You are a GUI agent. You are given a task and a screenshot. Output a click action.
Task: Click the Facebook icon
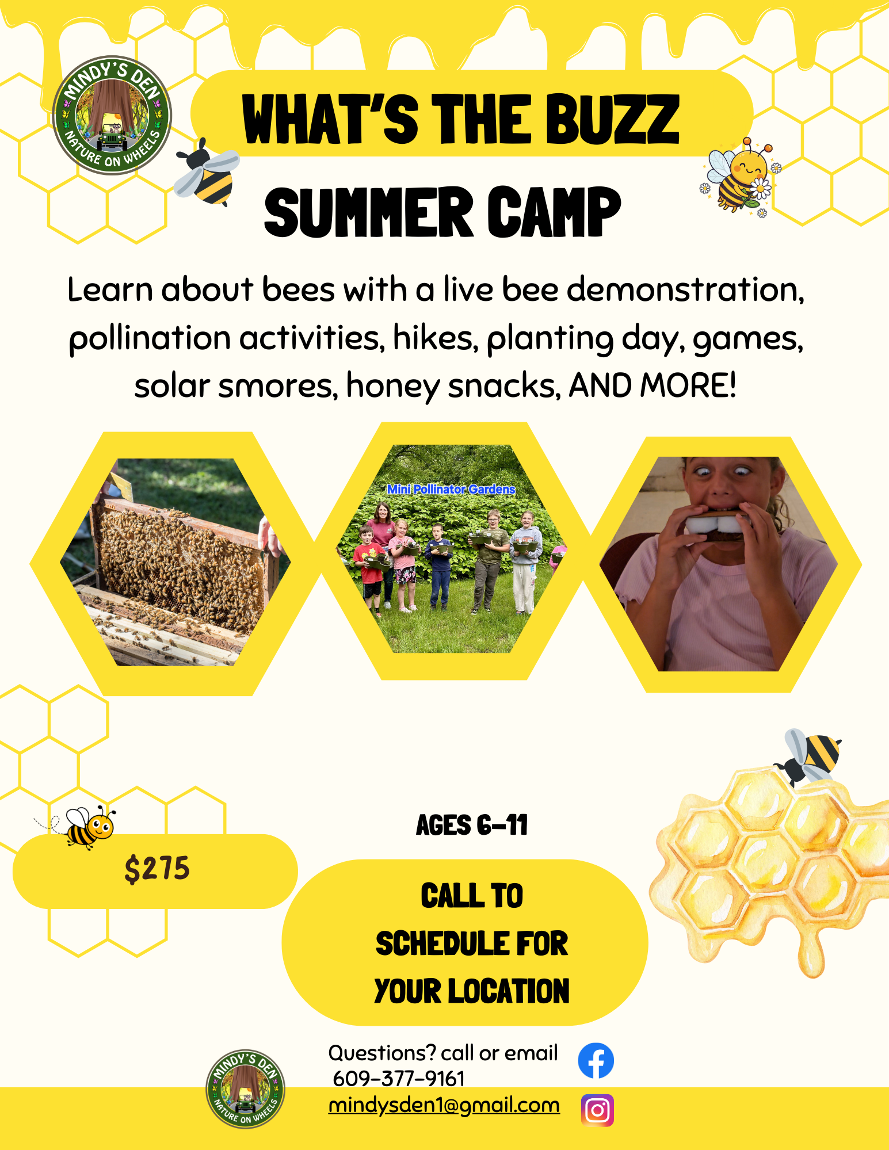(596, 1060)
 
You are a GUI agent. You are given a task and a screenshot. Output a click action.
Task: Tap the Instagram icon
(597, 1110)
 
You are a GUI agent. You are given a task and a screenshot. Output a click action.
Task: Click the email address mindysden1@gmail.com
(444, 1105)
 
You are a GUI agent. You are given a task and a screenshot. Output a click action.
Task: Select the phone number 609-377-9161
(399, 1079)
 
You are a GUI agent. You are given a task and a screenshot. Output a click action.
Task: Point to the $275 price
(157, 869)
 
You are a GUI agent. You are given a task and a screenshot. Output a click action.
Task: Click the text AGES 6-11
(472, 825)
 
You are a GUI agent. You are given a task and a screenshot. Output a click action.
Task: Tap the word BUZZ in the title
(612, 119)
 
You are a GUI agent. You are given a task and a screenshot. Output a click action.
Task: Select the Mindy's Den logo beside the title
(112, 116)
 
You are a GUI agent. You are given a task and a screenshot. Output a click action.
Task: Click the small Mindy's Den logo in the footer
(245, 1088)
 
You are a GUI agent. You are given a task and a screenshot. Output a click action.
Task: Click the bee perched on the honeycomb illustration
(808, 755)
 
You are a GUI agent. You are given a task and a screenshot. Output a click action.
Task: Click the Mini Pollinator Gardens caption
(451, 489)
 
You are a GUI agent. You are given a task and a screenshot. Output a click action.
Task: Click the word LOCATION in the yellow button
(509, 991)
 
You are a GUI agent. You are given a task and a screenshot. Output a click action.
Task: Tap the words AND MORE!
(653, 385)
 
